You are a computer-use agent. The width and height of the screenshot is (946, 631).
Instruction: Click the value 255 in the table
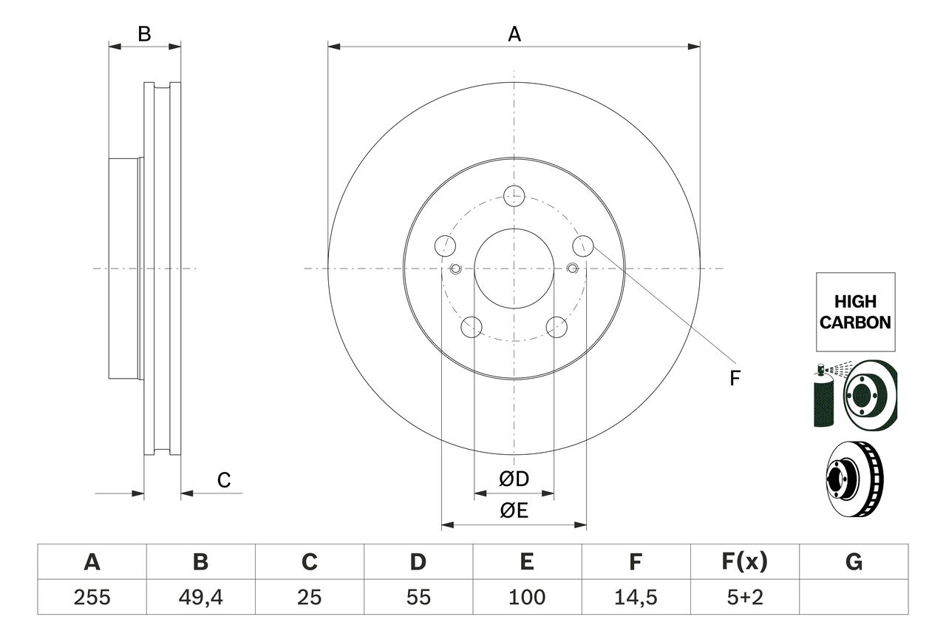point(92,597)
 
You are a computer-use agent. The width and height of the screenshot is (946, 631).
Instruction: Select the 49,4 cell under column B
point(200,597)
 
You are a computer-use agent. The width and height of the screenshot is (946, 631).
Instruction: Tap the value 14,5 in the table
point(635,597)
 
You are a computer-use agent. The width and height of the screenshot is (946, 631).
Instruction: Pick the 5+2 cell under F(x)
point(743,597)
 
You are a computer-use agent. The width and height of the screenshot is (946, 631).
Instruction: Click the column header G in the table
point(854,562)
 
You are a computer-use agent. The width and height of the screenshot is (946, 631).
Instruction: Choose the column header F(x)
point(743,562)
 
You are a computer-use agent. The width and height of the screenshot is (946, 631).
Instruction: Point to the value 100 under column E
point(526,597)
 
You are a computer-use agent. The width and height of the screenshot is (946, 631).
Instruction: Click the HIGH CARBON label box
point(855,312)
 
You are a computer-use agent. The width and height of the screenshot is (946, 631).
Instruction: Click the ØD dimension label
point(514,479)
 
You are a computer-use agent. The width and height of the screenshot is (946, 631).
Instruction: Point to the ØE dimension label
point(514,510)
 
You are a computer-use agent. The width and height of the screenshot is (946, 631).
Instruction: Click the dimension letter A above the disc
point(514,34)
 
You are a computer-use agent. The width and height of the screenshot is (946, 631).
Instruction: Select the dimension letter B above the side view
point(145,34)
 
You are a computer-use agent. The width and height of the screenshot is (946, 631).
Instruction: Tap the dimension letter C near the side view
point(224,480)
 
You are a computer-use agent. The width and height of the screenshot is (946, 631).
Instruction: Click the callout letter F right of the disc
point(734,378)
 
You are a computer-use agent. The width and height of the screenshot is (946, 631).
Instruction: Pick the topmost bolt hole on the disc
point(514,196)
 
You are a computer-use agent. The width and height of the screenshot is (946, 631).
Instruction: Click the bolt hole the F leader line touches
point(583,246)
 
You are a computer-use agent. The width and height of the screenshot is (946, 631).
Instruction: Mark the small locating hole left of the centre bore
point(455,268)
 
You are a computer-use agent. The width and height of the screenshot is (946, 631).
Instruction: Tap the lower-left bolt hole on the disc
point(471,326)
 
